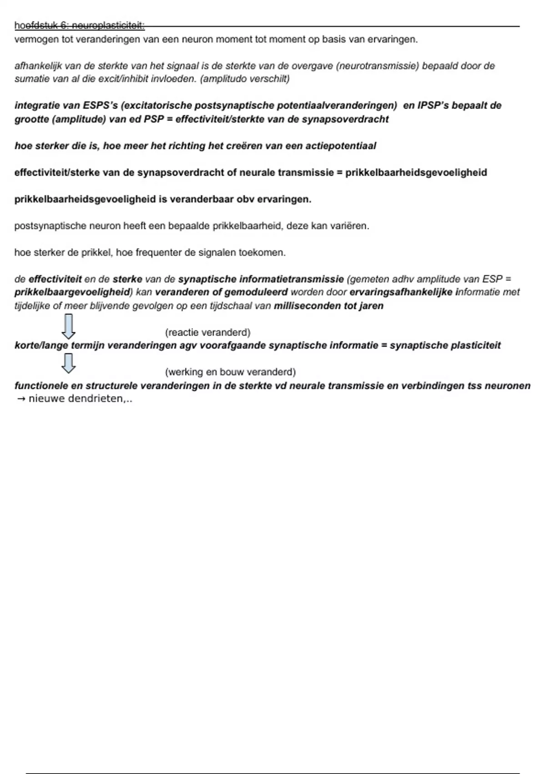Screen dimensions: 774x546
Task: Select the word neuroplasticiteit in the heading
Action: pos(108,26)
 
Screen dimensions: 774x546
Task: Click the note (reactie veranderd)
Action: pos(207,332)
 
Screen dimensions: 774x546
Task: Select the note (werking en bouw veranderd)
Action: pos(230,372)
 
